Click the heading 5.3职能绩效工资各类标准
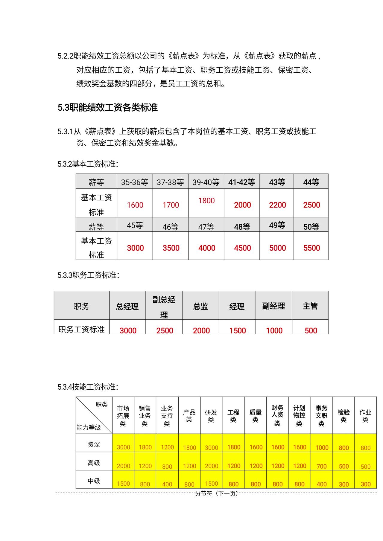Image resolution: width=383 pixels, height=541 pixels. (x=107, y=107)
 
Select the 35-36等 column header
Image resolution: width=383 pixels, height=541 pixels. (x=135, y=182)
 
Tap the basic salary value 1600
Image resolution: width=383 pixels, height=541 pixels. (x=135, y=205)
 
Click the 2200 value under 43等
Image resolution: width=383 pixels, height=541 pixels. (x=277, y=205)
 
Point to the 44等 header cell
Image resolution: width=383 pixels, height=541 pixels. (x=311, y=182)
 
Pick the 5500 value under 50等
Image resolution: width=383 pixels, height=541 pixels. (x=311, y=248)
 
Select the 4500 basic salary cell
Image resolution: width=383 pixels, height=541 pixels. (x=242, y=248)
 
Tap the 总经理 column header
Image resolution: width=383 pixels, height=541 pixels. (x=127, y=307)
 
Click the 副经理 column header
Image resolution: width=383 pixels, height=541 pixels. (x=273, y=306)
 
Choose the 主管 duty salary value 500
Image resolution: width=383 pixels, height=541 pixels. (x=311, y=330)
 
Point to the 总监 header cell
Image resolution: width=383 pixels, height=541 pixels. (x=200, y=306)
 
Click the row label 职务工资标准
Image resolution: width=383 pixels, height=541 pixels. (x=81, y=329)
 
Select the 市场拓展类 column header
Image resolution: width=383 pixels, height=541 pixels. (x=123, y=416)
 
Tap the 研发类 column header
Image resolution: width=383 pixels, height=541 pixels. (x=211, y=416)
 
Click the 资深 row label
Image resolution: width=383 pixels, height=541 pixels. (x=94, y=444)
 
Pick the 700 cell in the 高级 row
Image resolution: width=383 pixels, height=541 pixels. (x=321, y=466)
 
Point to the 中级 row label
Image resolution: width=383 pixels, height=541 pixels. (x=94, y=481)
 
